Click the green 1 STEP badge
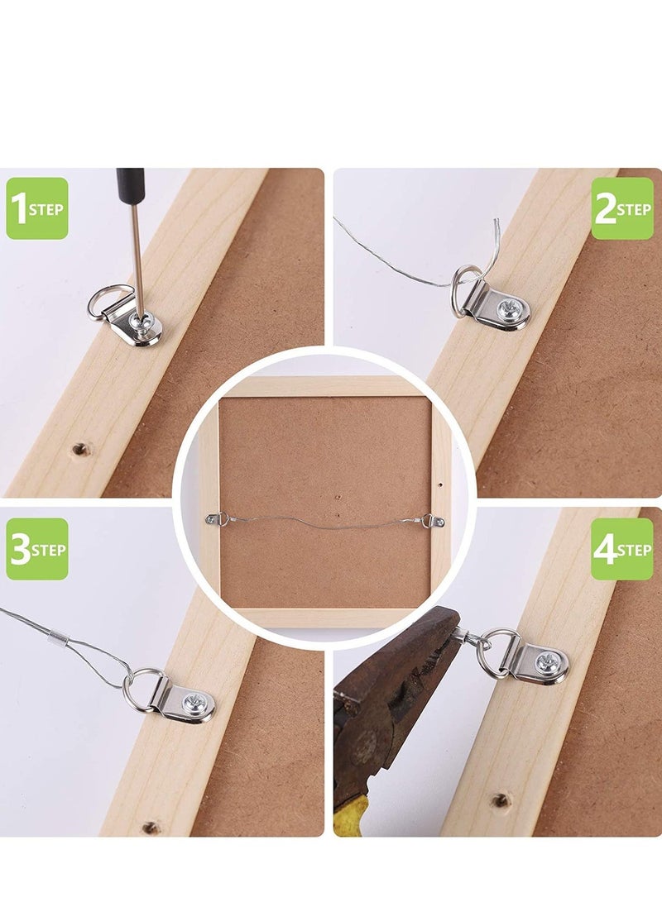coord(37,208)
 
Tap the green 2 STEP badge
coord(622,208)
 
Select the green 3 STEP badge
coord(37,549)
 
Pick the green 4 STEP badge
coord(622,549)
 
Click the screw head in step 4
coord(546,663)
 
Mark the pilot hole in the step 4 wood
coord(501,800)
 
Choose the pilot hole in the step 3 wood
coord(151,828)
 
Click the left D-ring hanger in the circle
coord(217,519)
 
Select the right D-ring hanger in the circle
coord(433,522)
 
